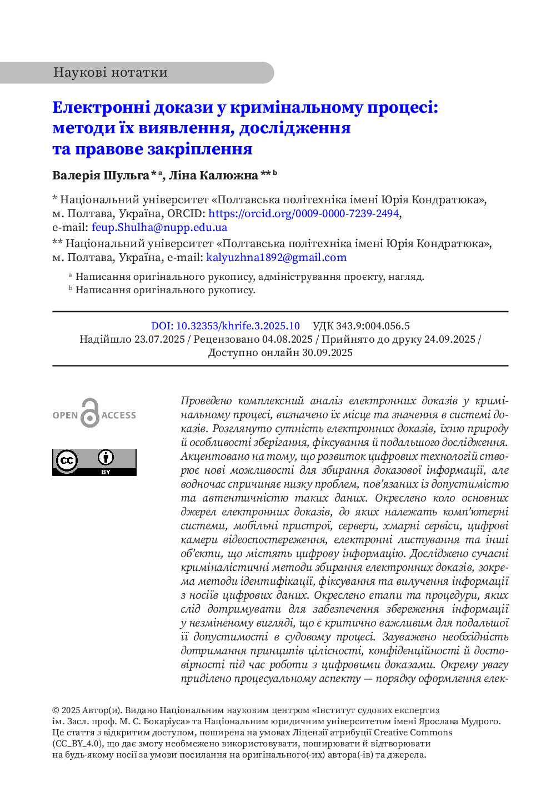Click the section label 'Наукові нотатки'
(x=110, y=73)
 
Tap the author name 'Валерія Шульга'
(x=101, y=176)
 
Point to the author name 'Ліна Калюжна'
(x=213, y=176)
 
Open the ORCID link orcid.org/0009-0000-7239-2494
(x=303, y=213)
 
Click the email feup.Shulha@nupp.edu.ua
(x=159, y=227)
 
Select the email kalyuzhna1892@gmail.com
(x=276, y=257)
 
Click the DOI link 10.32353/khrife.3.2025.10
(x=226, y=326)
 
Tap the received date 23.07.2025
(x=159, y=339)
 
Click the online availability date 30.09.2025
(x=327, y=353)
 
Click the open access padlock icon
(x=89, y=413)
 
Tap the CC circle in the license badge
(x=67, y=460)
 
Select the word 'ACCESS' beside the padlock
(x=119, y=415)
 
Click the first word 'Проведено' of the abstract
(x=206, y=400)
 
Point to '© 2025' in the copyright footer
(x=66, y=710)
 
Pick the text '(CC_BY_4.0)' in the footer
(x=78, y=744)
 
